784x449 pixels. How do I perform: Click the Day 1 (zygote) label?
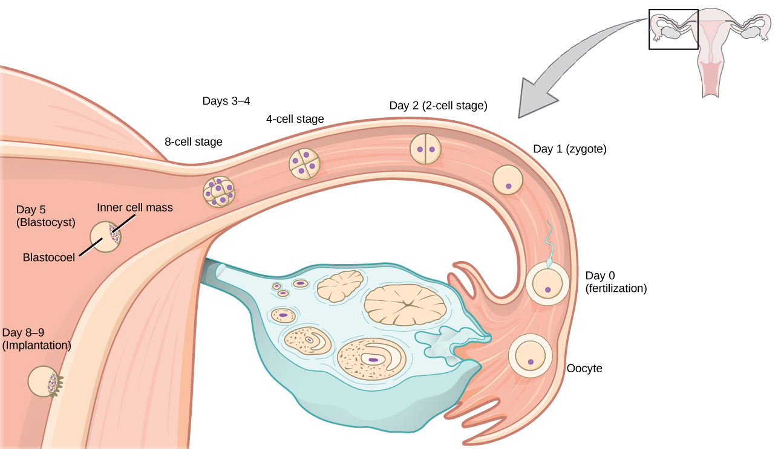pyautogui.click(x=569, y=149)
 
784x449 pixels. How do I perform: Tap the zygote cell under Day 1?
pyautogui.click(x=508, y=180)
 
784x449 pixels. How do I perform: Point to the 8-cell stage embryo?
pyautogui.click(x=218, y=192)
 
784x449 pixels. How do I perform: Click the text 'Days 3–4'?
pyautogui.click(x=226, y=101)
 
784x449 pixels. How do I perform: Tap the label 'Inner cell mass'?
pyautogui.click(x=135, y=207)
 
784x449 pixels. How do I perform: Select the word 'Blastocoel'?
pyautogui.click(x=49, y=257)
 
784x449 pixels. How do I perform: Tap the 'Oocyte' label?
pyautogui.click(x=584, y=368)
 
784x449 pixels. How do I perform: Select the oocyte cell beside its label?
pyautogui.click(x=531, y=356)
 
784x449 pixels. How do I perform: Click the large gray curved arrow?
pyautogui.click(x=563, y=66)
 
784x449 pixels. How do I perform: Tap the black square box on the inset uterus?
pyautogui.click(x=673, y=29)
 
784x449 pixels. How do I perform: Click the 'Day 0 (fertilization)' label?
pyautogui.click(x=616, y=282)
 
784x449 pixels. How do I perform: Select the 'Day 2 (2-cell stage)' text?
pyautogui.click(x=438, y=106)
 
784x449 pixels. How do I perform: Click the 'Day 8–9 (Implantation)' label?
pyautogui.click(x=36, y=339)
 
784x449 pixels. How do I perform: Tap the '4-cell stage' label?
pyautogui.click(x=295, y=119)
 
